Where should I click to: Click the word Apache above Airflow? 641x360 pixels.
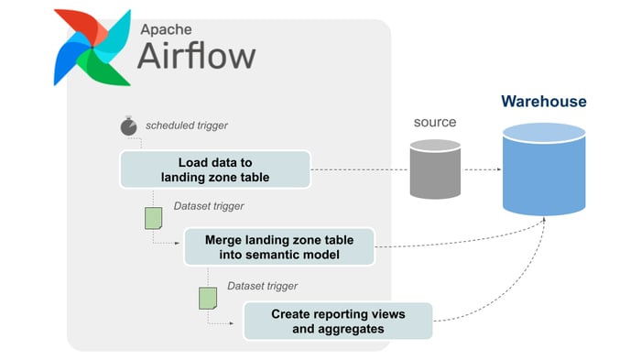coord(172,28)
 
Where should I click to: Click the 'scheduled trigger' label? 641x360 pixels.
coord(187,125)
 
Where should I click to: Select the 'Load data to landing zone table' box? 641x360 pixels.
coord(214,169)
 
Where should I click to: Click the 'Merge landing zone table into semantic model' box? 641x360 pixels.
coord(278,245)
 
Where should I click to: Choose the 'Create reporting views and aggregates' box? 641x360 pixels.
coord(337,320)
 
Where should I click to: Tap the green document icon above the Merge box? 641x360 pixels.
coord(154,218)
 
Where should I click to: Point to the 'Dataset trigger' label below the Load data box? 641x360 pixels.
coord(209,207)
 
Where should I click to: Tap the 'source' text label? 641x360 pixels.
coord(434,122)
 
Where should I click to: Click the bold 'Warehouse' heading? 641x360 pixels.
coord(543,101)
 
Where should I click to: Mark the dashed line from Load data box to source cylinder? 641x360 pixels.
coord(359,170)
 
